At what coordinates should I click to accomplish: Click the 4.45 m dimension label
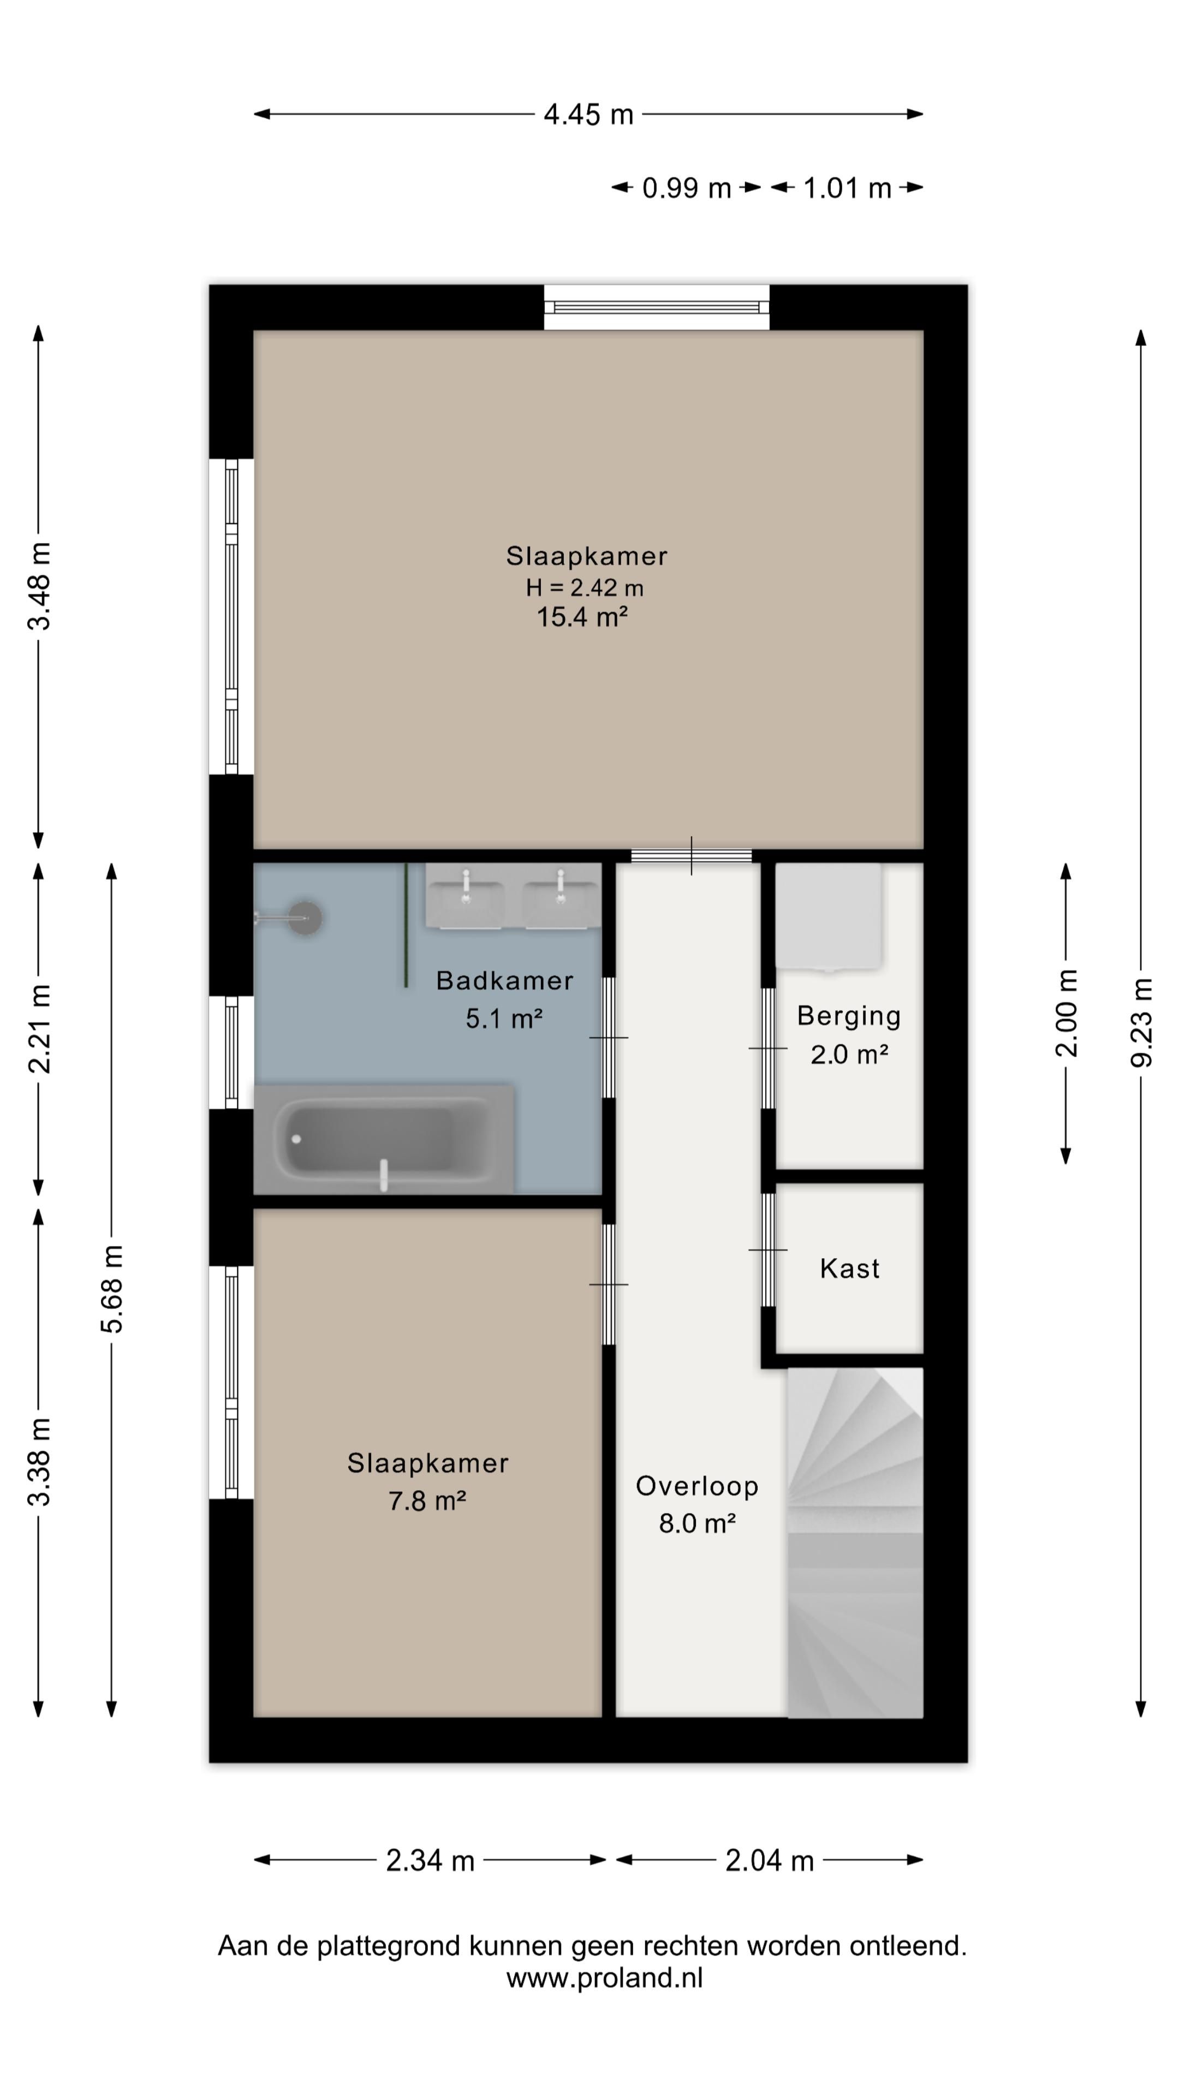click(588, 115)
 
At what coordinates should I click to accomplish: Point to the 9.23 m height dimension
click(1141, 1023)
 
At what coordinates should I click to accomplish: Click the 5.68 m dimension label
click(111, 1289)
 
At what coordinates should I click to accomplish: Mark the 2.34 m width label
click(430, 1860)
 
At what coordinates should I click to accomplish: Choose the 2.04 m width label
click(769, 1860)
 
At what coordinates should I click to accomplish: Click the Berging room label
click(849, 1016)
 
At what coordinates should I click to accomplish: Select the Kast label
click(849, 1269)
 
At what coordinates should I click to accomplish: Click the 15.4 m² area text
click(582, 617)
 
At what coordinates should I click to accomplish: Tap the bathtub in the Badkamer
click(384, 1139)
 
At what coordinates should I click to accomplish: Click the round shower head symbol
click(306, 918)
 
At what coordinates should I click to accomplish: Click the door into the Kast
click(768, 1250)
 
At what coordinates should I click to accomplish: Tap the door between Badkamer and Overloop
click(609, 1038)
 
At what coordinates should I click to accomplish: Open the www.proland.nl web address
click(605, 1978)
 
